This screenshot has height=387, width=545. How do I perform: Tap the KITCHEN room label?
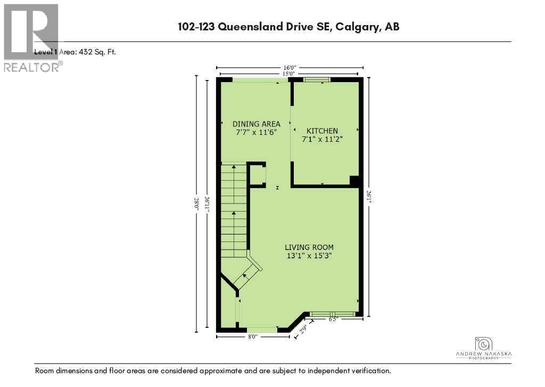coord(322,131)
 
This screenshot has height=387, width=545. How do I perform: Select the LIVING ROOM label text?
coord(309,247)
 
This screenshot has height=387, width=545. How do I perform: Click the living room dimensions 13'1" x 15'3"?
coord(309,255)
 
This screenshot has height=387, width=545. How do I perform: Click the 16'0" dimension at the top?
coord(290,68)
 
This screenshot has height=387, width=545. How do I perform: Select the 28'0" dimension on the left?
coord(196,203)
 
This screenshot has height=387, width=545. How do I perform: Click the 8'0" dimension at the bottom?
coord(253,336)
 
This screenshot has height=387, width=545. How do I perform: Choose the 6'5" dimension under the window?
coord(333,320)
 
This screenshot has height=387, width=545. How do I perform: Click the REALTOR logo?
coord(31,37)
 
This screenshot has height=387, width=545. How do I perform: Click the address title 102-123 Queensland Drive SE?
coord(289,26)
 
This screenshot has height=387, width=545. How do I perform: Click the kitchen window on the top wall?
coord(316,80)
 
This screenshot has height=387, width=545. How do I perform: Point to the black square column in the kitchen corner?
coord(354,181)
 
